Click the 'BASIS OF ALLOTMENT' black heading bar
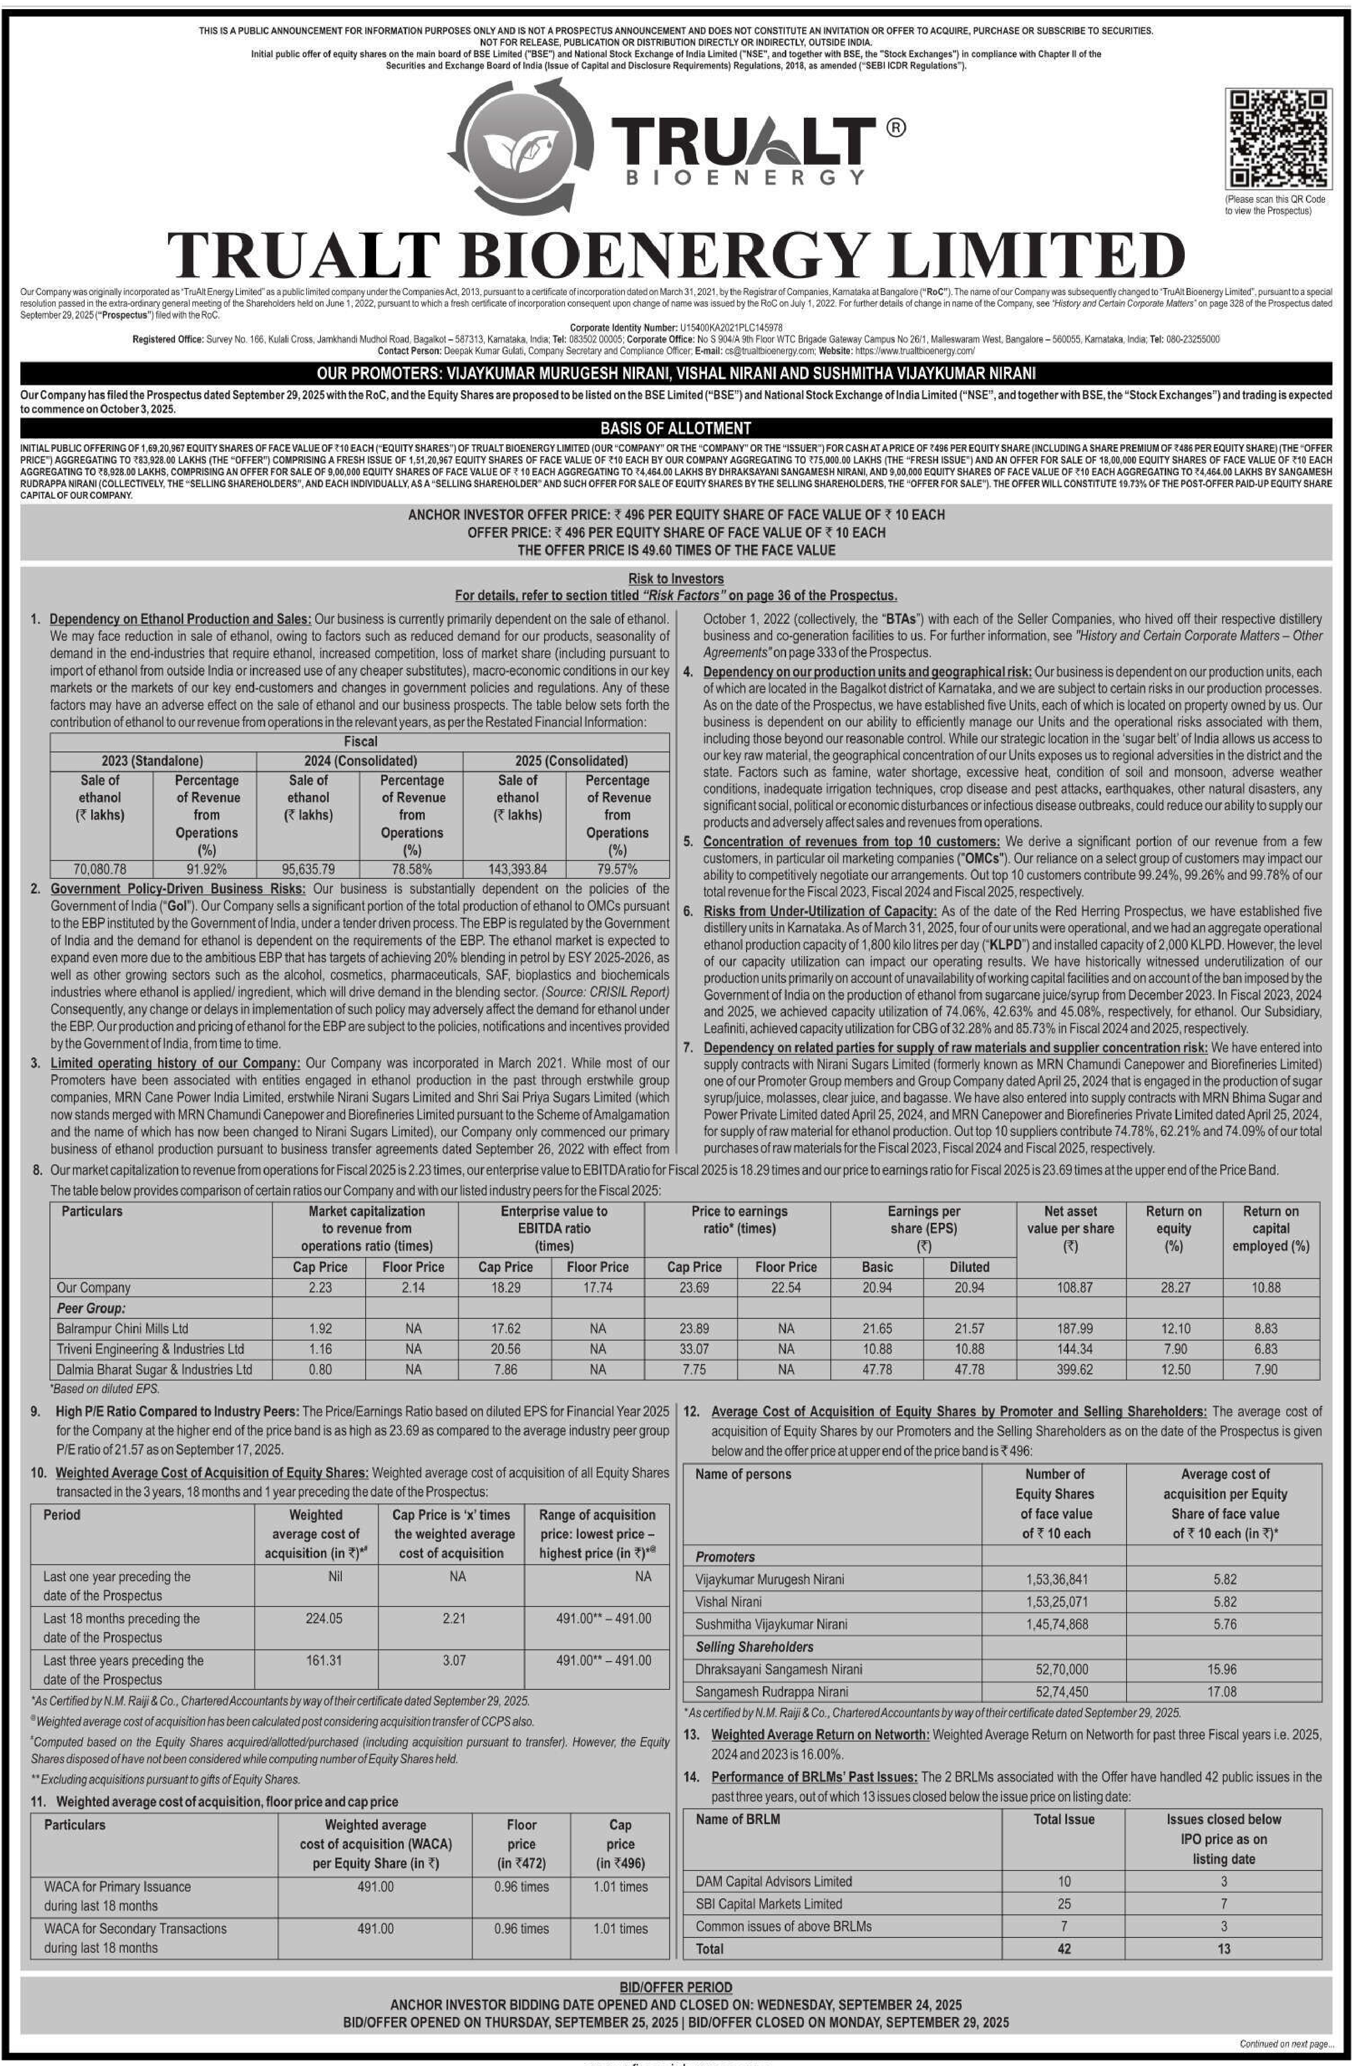pyautogui.click(x=676, y=428)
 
